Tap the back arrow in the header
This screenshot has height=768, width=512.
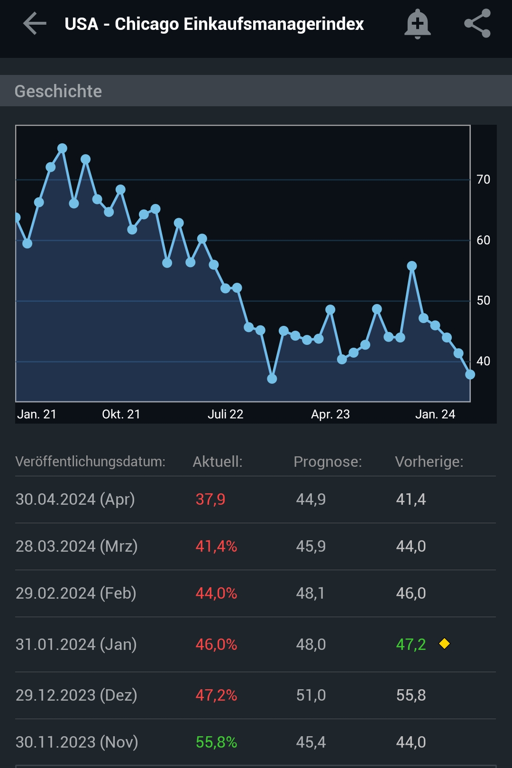pos(35,24)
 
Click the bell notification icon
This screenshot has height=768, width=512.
pos(417,24)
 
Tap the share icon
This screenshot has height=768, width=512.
pos(477,24)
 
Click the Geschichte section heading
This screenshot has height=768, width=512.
pos(58,91)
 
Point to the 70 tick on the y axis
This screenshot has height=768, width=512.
pos(483,179)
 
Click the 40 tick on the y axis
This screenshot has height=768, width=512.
pos(483,361)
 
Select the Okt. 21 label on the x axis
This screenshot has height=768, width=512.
pos(121,414)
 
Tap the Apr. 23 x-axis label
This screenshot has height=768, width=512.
pos(330,414)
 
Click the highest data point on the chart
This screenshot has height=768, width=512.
pos(62,148)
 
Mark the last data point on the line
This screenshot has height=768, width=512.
pos(470,375)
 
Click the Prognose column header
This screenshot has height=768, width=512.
pos(328,462)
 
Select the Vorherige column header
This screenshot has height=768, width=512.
pos(429,462)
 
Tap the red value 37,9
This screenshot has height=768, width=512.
pos(210,499)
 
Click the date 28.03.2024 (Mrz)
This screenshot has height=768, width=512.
pos(76,546)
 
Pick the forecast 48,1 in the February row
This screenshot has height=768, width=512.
pos(311,593)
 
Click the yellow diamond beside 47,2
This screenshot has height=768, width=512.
pos(444,644)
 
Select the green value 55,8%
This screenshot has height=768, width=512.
pos(216,742)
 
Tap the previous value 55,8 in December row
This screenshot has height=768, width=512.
pos(411,695)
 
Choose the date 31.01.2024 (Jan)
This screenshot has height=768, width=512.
pos(76,644)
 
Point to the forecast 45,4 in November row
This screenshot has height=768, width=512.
pos(311,742)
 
